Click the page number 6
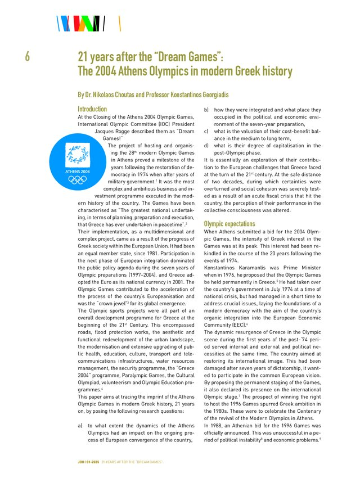click(27, 57)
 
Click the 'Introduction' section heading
click(92, 109)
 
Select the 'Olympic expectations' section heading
click(229, 223)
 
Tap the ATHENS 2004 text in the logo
click(77, 171)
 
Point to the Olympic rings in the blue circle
click(77, 180)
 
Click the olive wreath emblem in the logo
click(77, 154)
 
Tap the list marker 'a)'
click(81, 426)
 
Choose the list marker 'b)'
click(206, 110)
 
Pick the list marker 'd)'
click(206, 145)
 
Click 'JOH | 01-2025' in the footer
click(88, 462)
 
